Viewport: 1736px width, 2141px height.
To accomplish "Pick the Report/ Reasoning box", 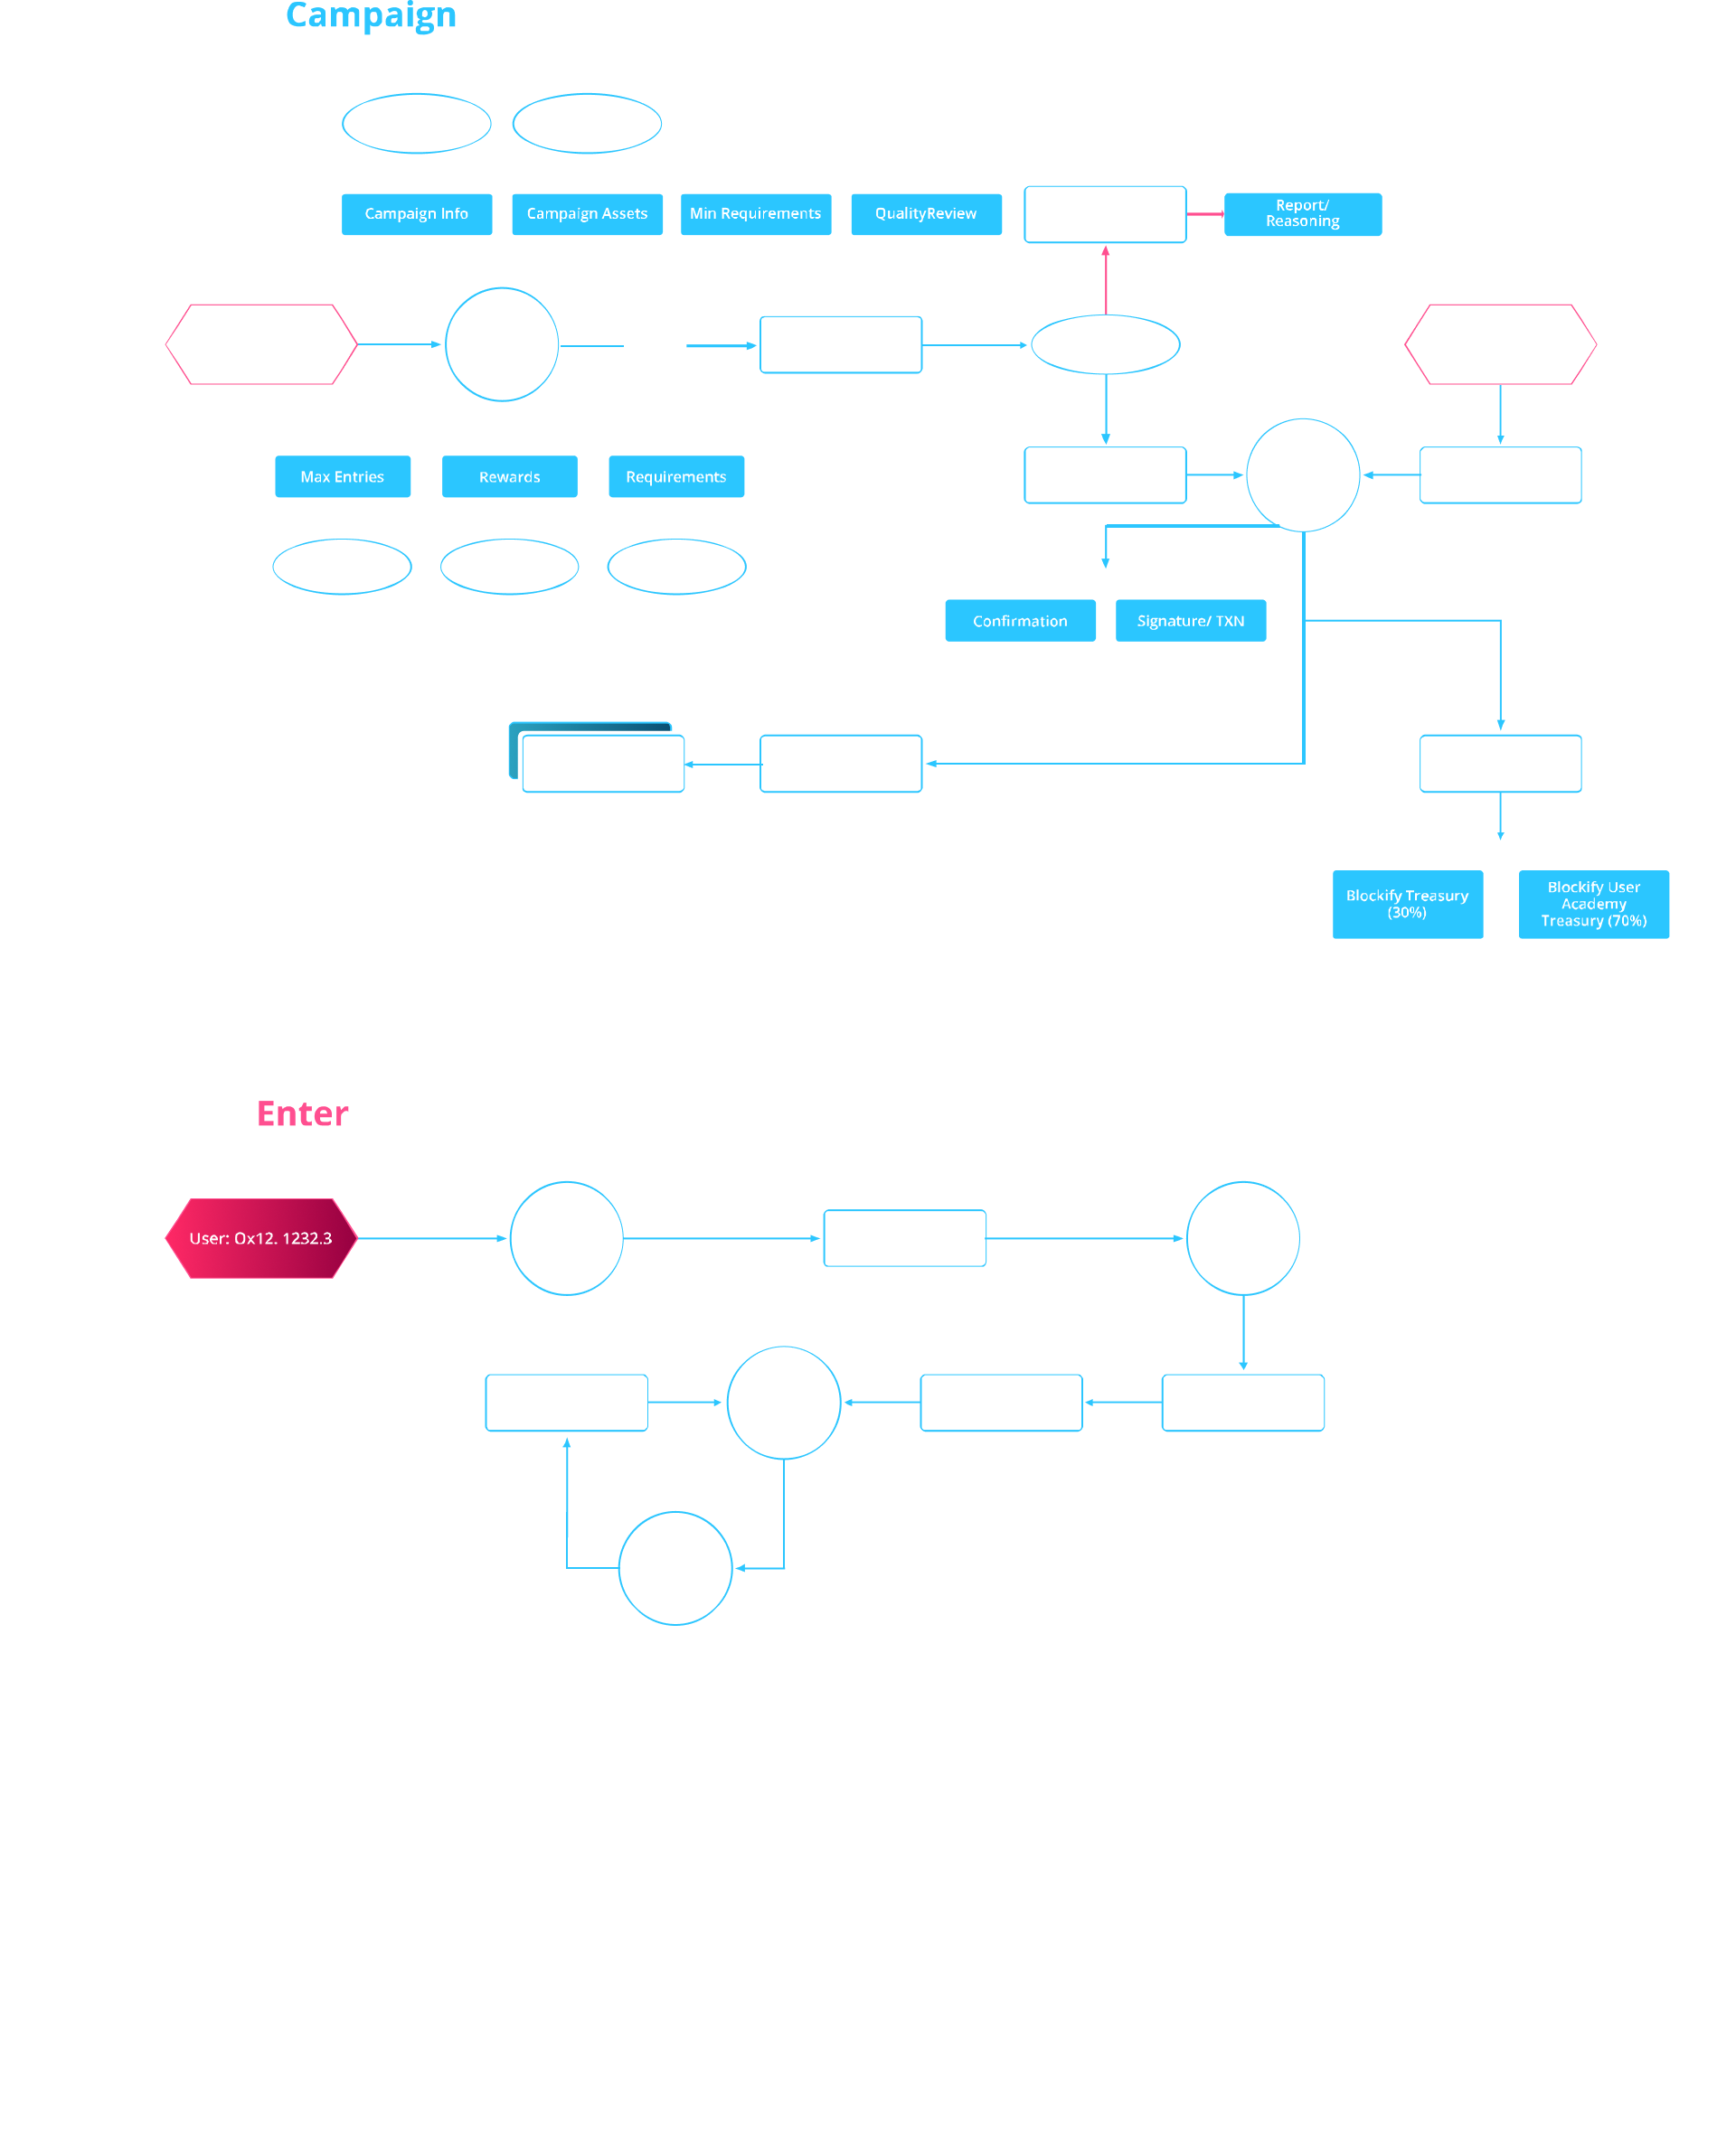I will click(x=1302, y=214).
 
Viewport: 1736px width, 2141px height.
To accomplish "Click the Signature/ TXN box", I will click(x=1190, y=621).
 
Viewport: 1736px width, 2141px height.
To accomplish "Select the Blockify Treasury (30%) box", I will click(x=1407, y=904).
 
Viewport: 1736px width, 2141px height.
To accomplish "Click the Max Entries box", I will click(x=342, y=477).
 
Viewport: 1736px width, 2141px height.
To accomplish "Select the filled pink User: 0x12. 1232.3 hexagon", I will click(x=261, y=1238).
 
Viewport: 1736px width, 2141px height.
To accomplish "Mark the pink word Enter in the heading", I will click(x=302, y=1114).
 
